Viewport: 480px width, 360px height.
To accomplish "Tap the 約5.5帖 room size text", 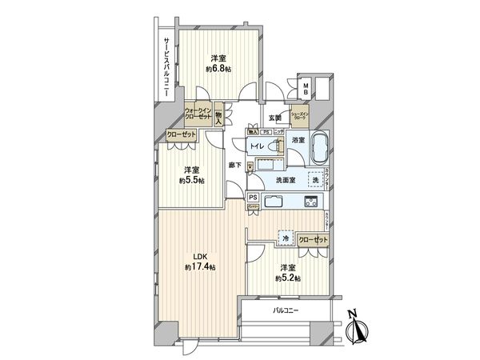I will (190, 181).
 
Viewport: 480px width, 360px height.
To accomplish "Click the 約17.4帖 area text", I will (199, 266).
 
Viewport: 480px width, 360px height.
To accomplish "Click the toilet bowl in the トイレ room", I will (277, 147).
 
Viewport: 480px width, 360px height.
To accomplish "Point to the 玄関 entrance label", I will (274, 118).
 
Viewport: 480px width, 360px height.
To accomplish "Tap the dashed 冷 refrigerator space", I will (283, 238).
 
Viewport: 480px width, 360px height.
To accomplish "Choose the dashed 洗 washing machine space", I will (314, 181).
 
